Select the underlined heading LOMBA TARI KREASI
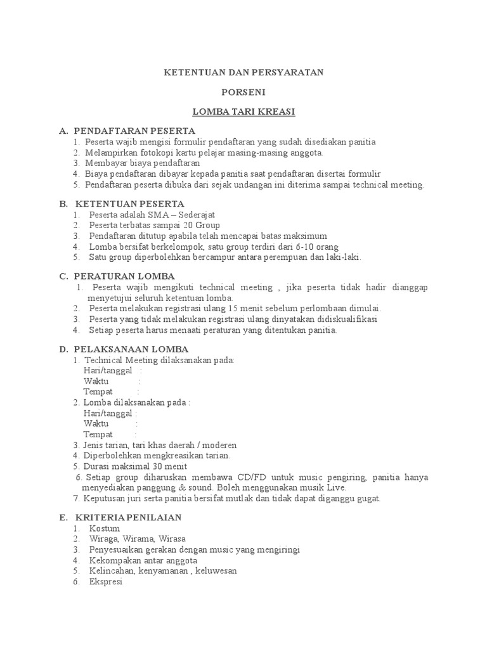pyautogui.click(x=244, y=112)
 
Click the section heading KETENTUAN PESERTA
pyautogui.click(x=130, y=204)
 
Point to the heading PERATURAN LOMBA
pyautogui.click(x=124, y=276)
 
